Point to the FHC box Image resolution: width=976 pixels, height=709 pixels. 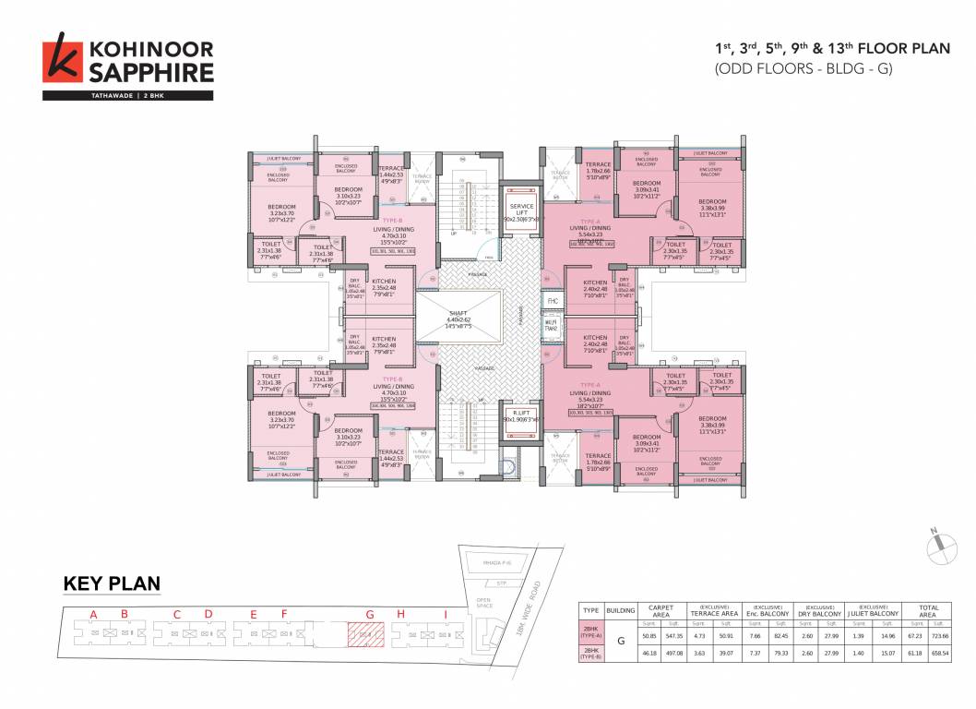[x=553, y=301]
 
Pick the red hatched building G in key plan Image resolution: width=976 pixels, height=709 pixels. [x=364, y=633]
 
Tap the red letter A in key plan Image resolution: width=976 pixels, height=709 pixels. [x=93, y=614]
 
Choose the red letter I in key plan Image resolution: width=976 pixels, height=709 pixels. [x=446, y=614]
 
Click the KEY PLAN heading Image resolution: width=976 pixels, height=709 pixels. [x=112, y=583]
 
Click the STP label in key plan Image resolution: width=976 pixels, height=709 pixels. [x=501, y=583]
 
